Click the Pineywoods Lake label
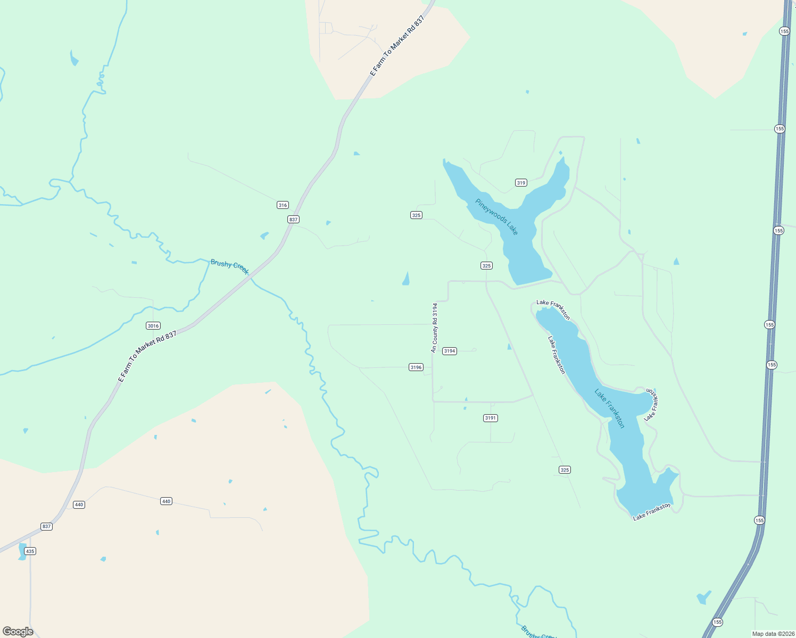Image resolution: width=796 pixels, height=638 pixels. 496,217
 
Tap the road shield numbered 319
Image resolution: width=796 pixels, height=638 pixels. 521,183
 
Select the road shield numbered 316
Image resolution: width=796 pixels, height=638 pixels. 283,205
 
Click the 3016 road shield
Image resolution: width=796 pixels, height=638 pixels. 153,326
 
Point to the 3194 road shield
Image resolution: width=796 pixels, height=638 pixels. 450,351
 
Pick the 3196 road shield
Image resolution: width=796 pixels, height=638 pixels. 416,367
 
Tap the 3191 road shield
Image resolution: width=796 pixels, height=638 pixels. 491,418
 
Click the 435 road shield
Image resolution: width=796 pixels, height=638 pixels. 30,551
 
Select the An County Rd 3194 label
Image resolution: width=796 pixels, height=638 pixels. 435,328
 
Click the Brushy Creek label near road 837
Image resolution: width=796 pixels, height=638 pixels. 229,266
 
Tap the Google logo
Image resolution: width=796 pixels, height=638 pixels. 18,632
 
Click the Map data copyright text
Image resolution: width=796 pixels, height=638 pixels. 773,634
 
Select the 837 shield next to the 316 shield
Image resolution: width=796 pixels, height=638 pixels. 293,220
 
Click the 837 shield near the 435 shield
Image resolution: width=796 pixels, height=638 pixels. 46,526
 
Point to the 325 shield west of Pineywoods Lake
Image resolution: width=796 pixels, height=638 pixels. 416,215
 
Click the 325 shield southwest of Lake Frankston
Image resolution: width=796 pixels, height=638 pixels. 565,470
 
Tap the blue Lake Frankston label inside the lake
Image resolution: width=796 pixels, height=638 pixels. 610,409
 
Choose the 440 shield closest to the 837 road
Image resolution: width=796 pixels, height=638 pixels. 79,505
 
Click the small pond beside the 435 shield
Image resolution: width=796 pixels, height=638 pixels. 22,552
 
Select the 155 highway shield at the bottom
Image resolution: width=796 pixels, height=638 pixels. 717,622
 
